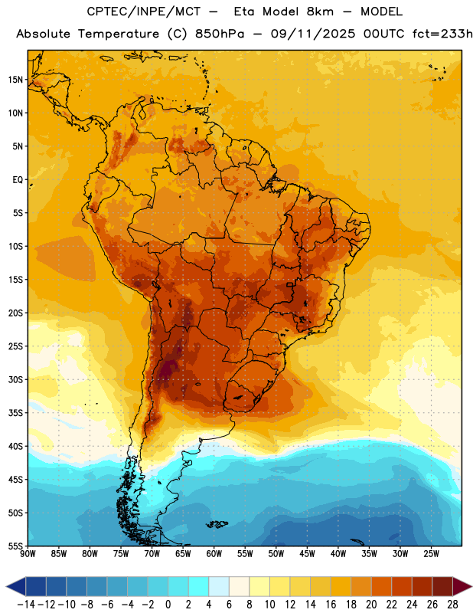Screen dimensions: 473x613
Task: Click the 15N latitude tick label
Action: point(15,80)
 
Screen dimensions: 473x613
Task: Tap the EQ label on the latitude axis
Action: point(18,180)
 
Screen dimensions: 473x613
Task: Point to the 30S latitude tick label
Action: point(15,379)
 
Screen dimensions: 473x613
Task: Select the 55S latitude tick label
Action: point(15,546)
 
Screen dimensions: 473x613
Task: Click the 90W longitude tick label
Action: point(28,553)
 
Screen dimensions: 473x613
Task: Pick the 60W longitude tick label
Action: point(214,553)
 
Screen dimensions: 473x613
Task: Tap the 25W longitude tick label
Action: point(431,553)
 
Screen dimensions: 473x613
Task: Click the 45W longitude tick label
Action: point(307,553)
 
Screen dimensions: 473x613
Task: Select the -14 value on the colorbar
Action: point(26,605)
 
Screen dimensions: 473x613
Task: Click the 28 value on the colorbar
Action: point(452,605)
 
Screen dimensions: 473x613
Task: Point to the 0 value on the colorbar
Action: point(168,605)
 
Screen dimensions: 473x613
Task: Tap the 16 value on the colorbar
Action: point(331,605)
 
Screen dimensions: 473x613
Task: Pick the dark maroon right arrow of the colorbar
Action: point(462,586)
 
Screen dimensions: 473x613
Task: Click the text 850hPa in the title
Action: point(220,34)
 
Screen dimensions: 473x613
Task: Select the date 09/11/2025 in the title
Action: point(313,34)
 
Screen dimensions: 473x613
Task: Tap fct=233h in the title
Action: point(442,34)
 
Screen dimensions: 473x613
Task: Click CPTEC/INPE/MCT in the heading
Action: point(143,11)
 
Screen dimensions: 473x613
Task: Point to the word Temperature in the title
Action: point(119,34)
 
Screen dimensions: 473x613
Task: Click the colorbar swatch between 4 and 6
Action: point(219,586)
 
